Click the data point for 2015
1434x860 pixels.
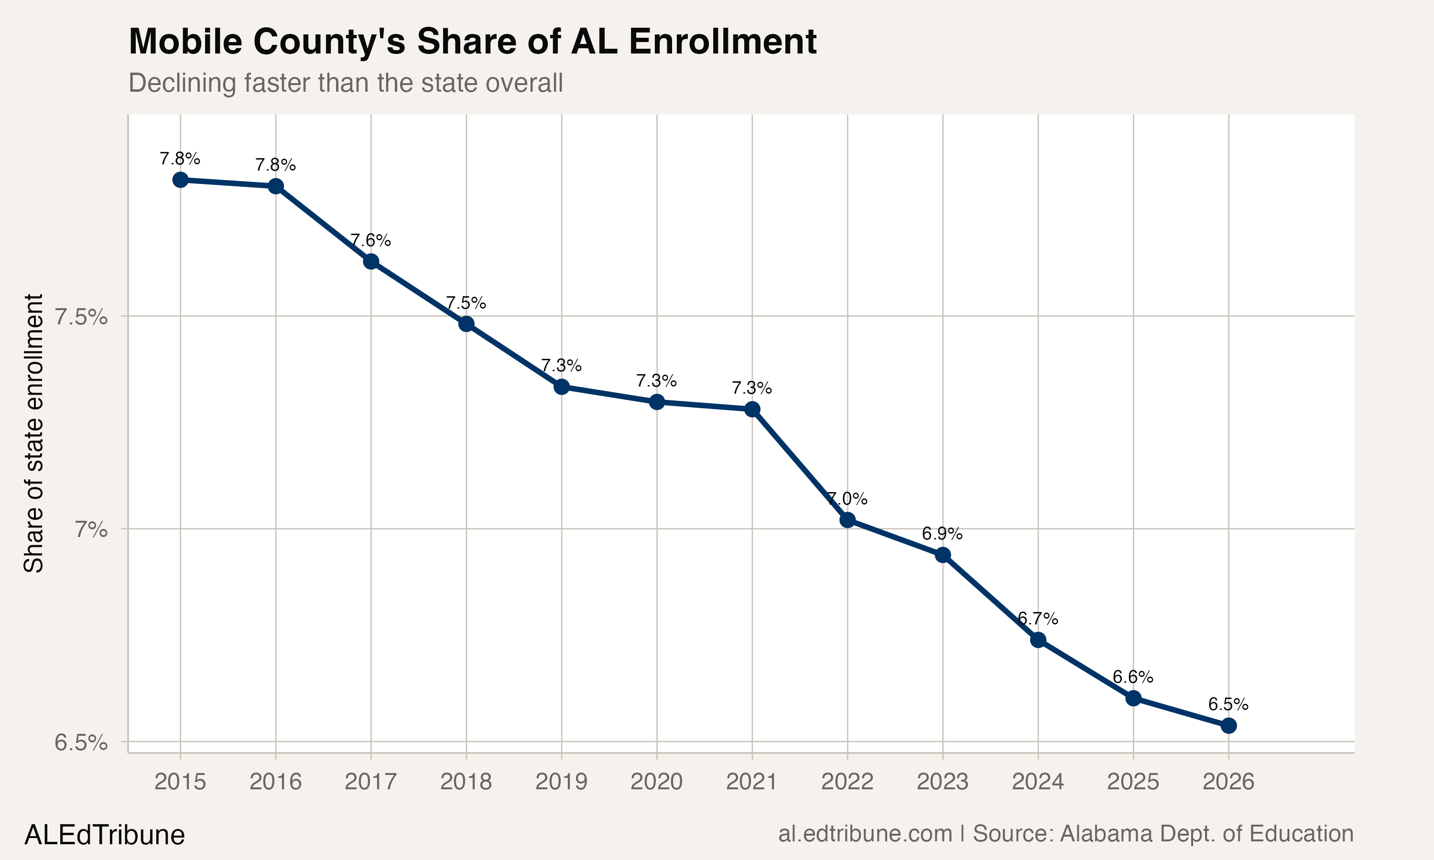pos(180,180)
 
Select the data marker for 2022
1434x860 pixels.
pos(847,520)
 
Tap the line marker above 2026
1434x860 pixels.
pos(1228,726)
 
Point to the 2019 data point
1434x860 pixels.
pos(561,387)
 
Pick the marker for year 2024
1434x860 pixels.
pos(1038,640)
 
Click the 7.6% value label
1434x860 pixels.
pos(371,240)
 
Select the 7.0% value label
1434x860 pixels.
pos(847,498)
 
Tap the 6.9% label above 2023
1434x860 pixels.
pos(943,533)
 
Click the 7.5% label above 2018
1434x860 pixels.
pos(466,302)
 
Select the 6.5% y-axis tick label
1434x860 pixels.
pos(81,742)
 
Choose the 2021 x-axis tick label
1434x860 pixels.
pos(752,782)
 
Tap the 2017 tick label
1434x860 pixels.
pos(371,782)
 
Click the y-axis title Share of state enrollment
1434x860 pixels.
pos(33,433)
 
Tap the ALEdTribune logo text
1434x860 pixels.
pos(104,835)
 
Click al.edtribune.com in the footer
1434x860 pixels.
pos(865,834)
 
